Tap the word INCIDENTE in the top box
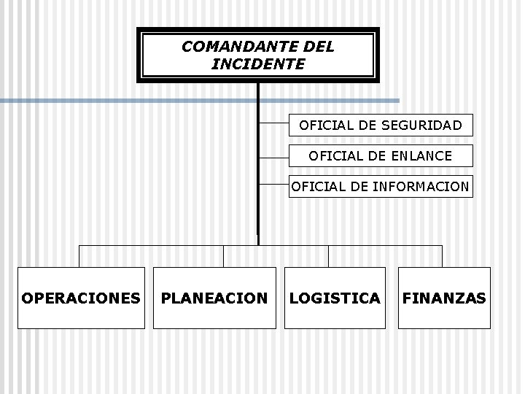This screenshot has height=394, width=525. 258,64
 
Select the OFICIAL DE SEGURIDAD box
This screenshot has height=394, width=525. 381,125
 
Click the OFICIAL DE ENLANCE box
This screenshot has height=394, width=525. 381,155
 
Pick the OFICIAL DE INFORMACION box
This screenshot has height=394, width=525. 381,187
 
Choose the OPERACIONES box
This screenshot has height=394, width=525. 81,298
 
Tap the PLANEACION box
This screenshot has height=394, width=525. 214,298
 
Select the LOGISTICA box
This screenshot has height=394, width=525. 335,298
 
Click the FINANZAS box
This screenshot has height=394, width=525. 444,298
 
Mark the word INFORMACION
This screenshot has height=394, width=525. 421,187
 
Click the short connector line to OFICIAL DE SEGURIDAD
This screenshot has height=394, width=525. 274,125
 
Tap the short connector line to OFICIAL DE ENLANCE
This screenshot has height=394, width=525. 274,156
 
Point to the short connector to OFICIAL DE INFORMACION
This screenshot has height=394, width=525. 274,187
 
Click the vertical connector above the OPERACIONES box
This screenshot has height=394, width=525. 79,256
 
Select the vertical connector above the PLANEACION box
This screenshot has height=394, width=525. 224,256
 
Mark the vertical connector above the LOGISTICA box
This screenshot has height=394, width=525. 328,256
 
